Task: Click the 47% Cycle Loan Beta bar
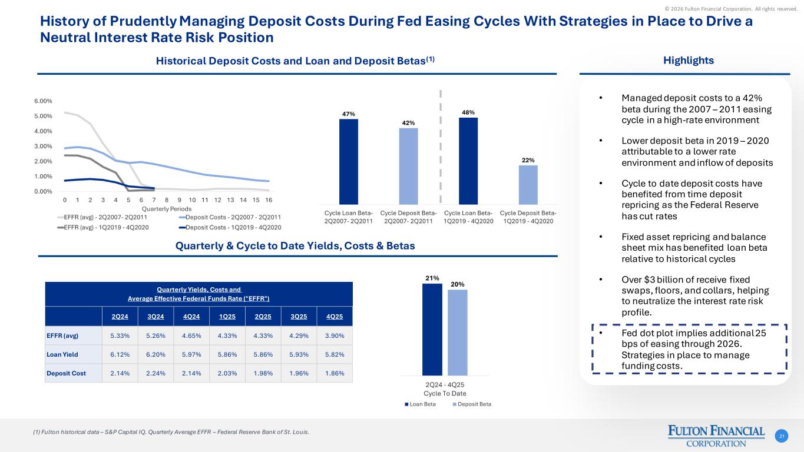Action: [x=348, y=161]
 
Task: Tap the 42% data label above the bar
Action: [x=408, y=122]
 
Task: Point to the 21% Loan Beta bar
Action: [x=432, y=329]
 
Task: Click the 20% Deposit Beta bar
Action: [x=457, y=332]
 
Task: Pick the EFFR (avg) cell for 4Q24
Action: [x=191, y=335]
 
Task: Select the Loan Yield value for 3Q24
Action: [x=155, y=354]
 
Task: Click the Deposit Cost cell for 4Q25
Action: [x=334, y=373]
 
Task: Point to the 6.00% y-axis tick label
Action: [x=44, y=101]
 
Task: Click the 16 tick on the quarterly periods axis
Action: [x=268, y=200]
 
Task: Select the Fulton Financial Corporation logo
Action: [x=716, y=436]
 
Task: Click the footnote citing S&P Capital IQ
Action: [x=171, y=433]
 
